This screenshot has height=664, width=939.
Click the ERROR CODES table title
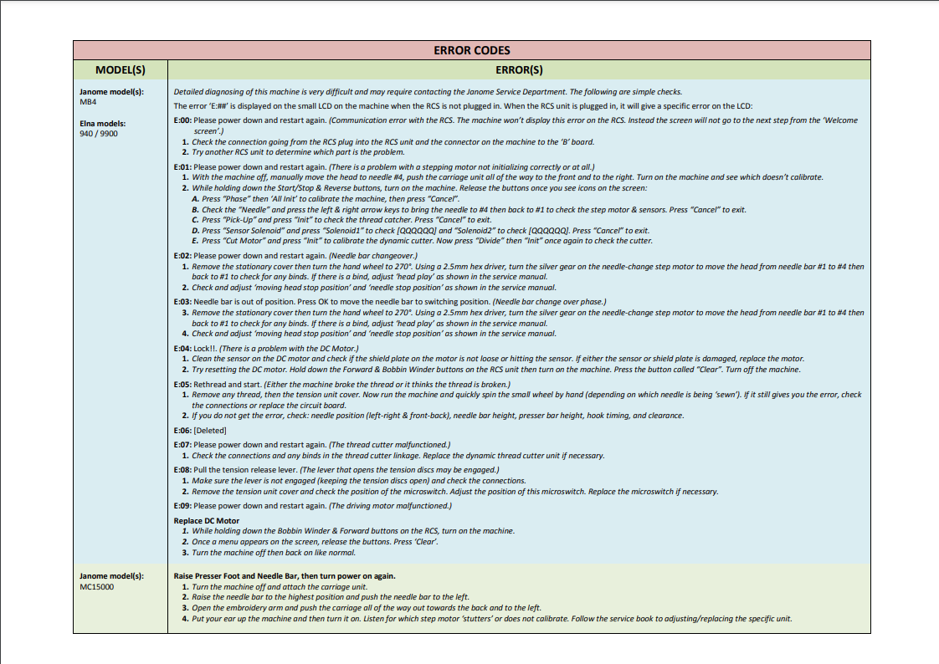click(472, 50)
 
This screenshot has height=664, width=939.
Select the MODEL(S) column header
click(121, 70)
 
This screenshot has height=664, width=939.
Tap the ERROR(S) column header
click(519, 70)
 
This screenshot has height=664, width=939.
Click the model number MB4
click(88, 101)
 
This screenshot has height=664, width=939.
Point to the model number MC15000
click(97, 586)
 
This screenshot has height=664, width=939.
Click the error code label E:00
click(182, 120)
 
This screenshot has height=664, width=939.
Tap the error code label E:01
click(182, 167)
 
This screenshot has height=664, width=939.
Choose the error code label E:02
click(182, 255)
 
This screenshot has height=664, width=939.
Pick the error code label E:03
click(182, 301)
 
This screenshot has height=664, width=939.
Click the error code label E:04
click(182, 348)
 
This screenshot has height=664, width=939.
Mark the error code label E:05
click(182, 384)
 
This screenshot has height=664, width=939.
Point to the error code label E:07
click(182, 445)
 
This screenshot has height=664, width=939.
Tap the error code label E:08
click(182, 470)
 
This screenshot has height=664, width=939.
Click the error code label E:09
click(182, 506)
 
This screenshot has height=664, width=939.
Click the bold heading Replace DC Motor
click(206, 520)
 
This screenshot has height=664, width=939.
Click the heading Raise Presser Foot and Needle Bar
click(285, 576)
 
